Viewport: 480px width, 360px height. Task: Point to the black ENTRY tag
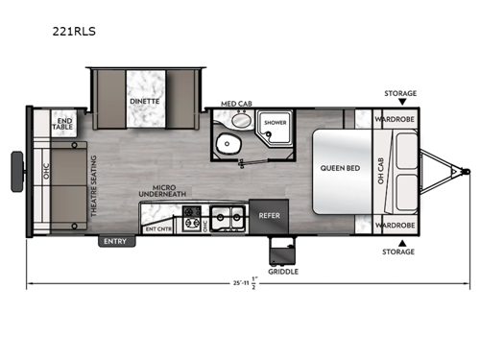(x=115, y=241)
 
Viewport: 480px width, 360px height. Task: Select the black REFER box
(x=269, y=216)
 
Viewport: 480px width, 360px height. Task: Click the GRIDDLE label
(x=283, y=272)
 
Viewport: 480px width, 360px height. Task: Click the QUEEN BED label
(x=339, y=168)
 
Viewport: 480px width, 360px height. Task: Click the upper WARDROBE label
(x=394, y=121)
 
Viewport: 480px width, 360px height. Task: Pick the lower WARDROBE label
(x=394, y=225)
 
